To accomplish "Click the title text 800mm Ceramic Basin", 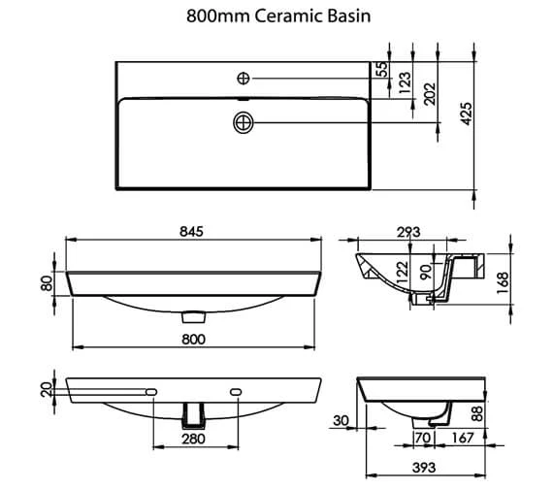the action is [278, 16].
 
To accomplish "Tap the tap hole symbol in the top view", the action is [244, 78].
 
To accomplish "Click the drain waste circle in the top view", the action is [244, 123].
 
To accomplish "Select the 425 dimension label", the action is [467, 114].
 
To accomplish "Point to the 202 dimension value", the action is [430, 94].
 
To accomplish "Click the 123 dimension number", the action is [406, 82].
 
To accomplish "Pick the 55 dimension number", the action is [382, 69].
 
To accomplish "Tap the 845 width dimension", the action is [191, 232].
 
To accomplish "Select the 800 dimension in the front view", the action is [193, 339].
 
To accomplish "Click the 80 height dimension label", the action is [47, 283].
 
